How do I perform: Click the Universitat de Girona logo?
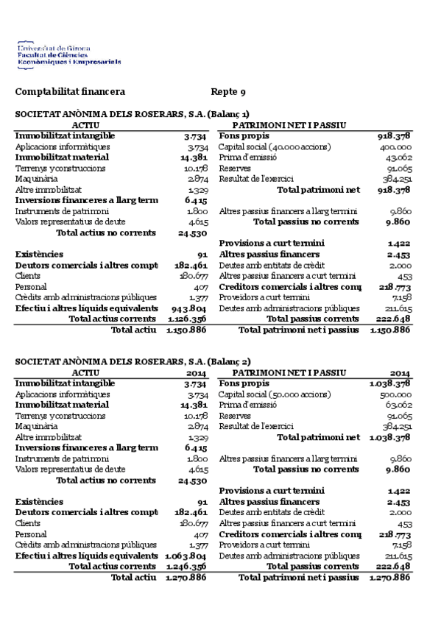click(x=69, y=55)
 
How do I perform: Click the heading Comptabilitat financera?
click(x=70, y=92)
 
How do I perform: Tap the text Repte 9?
click(x=228, y=92)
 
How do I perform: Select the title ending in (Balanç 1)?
click(x=133, y=114)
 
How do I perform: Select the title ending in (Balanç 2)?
click(x=133, y=361)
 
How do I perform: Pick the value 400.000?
click(x=395, y=147)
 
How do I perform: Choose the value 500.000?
click(x=395, y=394)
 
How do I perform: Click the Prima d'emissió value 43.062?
click(x=398, y=157)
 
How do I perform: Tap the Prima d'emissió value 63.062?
click(x=398, y=405)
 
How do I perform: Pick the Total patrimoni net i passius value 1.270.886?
click(x=390, y=577)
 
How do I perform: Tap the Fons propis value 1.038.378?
click(x=390, y=383)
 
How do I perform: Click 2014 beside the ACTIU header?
click(x=197, y=373)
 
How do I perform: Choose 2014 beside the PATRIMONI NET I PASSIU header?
click(x=401, y=373)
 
